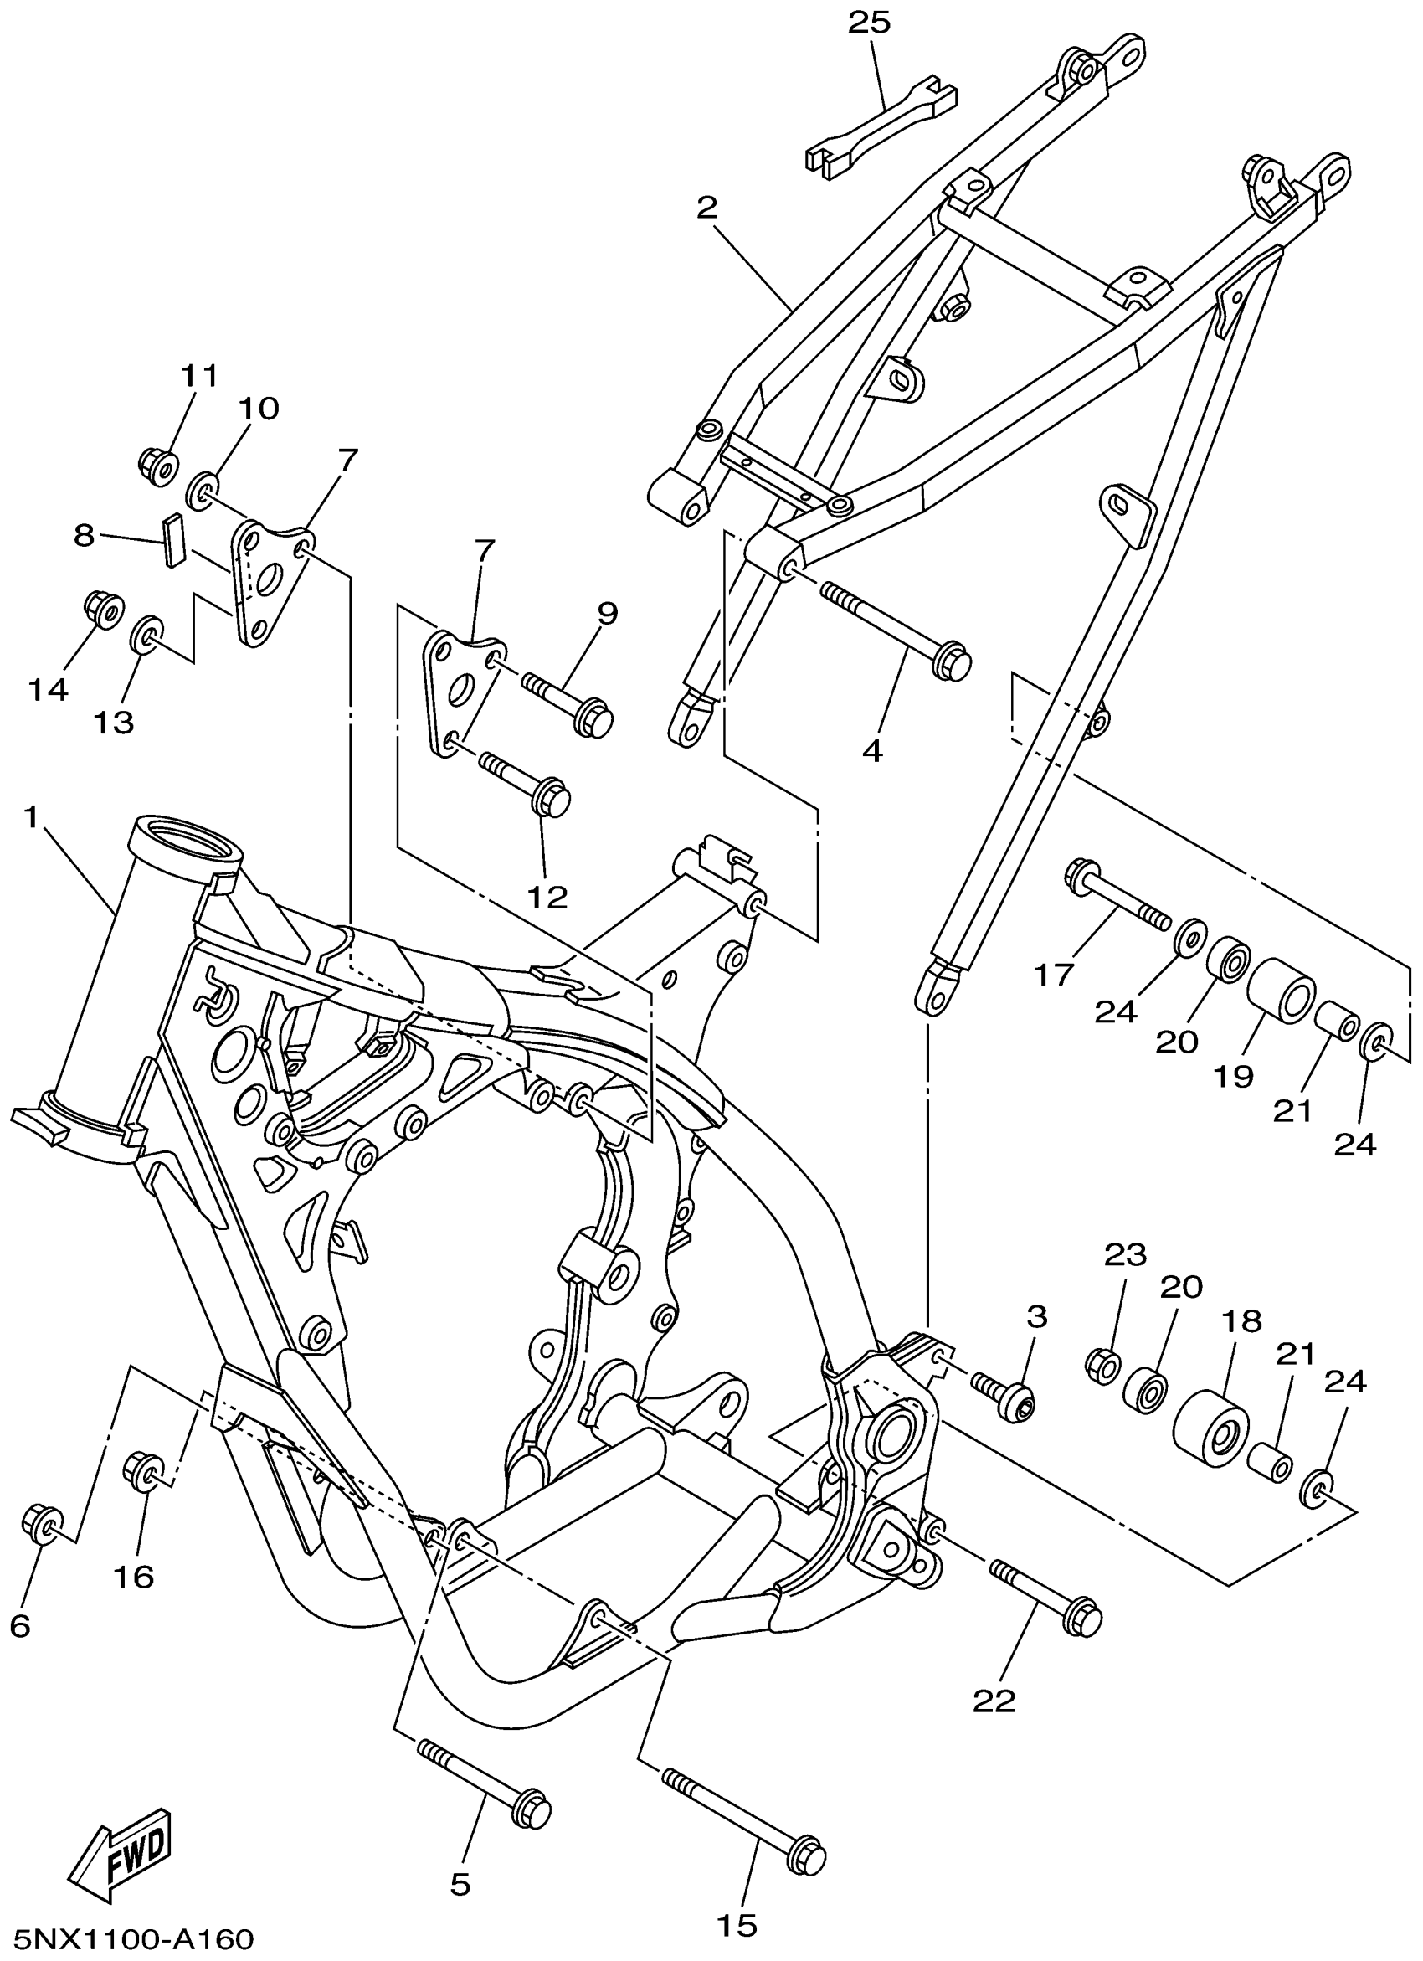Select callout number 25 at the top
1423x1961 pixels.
[869, 23]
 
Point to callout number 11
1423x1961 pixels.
[200, 377]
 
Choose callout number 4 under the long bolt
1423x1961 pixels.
[872, 751]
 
